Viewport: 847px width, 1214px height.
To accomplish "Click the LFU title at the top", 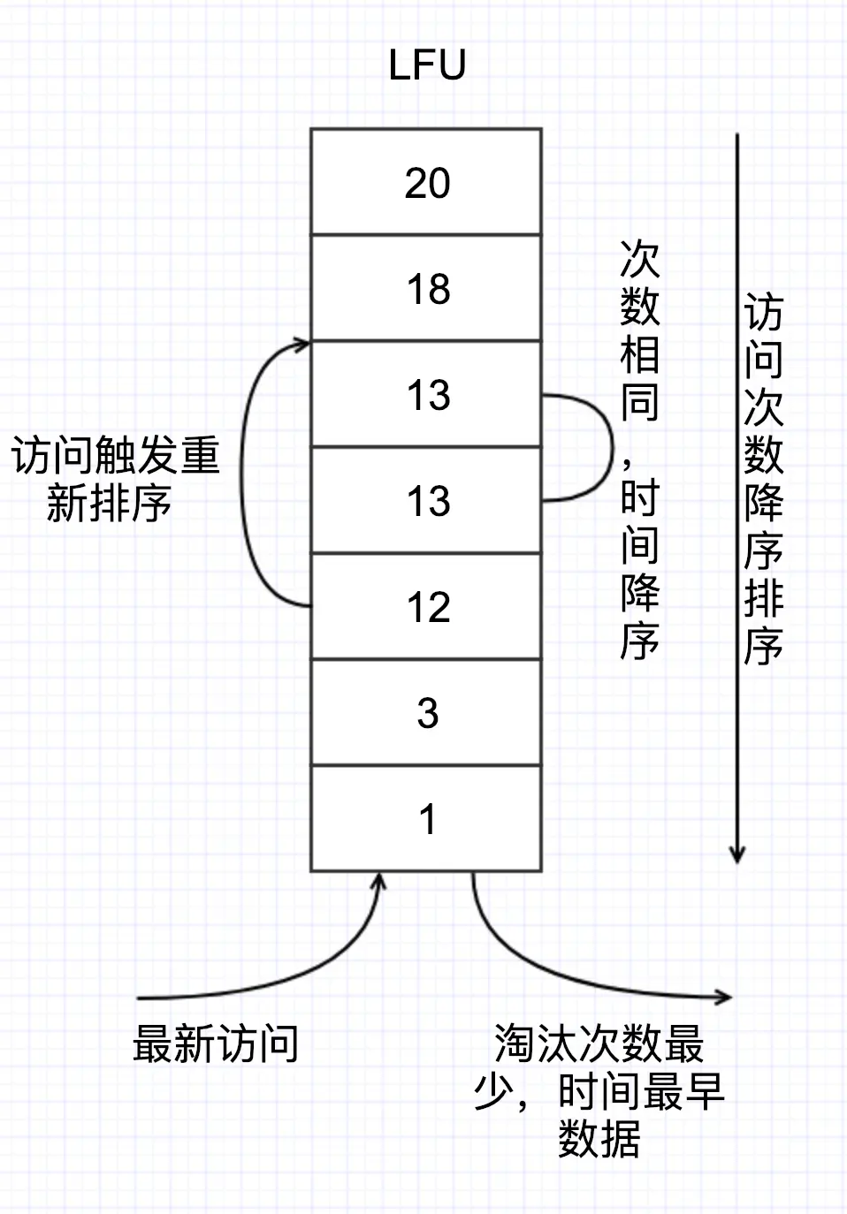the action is [x=427, y=65].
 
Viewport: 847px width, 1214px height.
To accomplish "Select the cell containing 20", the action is [x=426, y=181].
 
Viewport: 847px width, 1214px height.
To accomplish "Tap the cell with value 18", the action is [x=426, y=288].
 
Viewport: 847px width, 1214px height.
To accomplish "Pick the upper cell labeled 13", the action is [x=426, y=394].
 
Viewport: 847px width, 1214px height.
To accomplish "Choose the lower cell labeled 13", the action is [x=426, y=500].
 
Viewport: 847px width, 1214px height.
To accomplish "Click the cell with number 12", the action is [x=426, y=606].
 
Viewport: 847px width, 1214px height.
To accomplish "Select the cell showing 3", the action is [x=426, y=713].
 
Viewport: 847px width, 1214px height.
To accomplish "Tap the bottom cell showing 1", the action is [x=426, y=818].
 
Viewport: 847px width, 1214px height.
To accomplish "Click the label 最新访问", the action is [x=216, y=1043].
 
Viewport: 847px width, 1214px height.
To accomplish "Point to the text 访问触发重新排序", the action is [x=115, y=479].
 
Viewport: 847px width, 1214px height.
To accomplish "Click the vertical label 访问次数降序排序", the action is [x=764, y=479].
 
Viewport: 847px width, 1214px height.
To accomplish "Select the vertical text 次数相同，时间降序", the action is [x=640, y=450].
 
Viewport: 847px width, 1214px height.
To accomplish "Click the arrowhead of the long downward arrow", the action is [x=736, y=854].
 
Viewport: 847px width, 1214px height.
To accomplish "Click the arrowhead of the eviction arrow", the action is [x=723, y=996].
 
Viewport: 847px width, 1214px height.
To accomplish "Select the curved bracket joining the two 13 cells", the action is [x=612, y=448].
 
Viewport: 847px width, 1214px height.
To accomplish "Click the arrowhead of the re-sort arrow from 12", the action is [x=301, y=344].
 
